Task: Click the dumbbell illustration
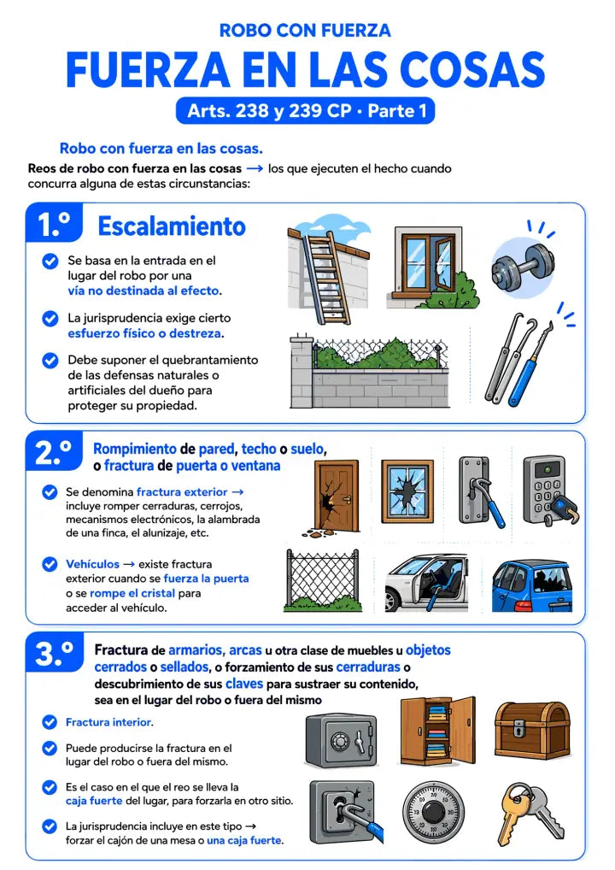[x=523, y=267]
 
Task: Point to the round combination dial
[x=430, y=812]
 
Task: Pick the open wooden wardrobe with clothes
[x=438, y=731]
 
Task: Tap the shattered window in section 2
[x=407, y=491]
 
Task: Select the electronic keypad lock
[x=548, y=491]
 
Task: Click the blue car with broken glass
[x=532, y=586]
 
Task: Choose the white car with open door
[x=426, y=583]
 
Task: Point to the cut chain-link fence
[x=323, y=580]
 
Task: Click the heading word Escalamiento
[x=172, y=226]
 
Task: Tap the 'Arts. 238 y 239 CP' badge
[x=305, y=111]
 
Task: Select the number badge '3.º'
[x=54, y=653]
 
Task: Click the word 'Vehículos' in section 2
[x=92, y=564]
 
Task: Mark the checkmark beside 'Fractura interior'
[x=50, y=722]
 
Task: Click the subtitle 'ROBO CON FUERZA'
[x=305, y=30]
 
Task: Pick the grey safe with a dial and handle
[x=342, y=741]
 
